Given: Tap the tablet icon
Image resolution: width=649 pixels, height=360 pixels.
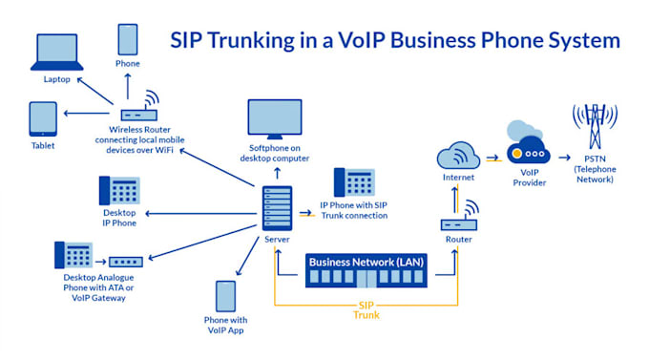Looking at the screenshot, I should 42,118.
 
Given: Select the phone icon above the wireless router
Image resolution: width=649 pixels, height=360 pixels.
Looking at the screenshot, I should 128,39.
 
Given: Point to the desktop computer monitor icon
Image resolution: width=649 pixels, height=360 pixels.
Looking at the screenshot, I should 275,118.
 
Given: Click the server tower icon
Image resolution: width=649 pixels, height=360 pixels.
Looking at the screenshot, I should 276,207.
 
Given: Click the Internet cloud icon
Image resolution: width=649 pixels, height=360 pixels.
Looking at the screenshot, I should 457,157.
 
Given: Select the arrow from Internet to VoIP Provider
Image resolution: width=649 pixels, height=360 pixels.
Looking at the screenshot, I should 492,156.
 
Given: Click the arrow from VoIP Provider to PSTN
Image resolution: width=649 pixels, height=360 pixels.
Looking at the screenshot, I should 563,156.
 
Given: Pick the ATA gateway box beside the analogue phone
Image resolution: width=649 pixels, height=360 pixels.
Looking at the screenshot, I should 125,260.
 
